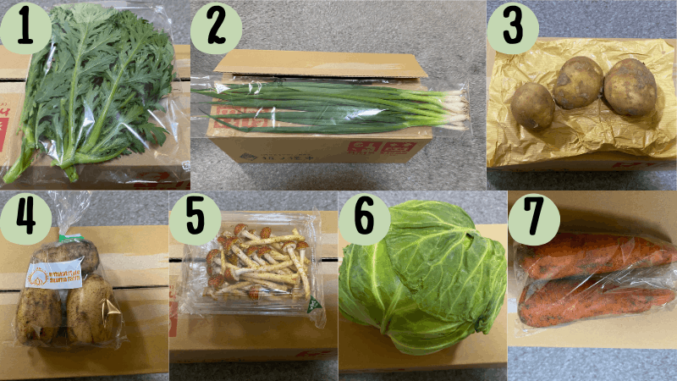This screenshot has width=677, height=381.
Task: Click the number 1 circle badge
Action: [25, 28]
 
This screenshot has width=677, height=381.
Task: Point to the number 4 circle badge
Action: [25, 219]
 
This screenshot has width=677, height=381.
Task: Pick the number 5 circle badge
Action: [195, 219]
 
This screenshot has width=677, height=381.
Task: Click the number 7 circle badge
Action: [532, 219]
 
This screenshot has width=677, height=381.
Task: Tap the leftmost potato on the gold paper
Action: [532, 106]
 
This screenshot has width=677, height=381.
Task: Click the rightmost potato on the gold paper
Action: [630, 87]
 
